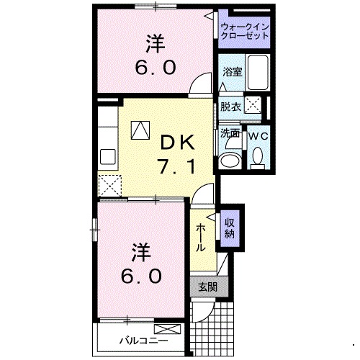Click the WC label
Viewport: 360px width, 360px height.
[257, 135]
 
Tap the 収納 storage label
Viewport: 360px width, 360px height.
[229, 228]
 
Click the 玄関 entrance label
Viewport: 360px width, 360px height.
[207, 287]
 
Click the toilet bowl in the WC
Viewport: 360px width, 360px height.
[257, 155]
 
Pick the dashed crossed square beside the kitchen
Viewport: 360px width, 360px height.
[111, 185]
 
